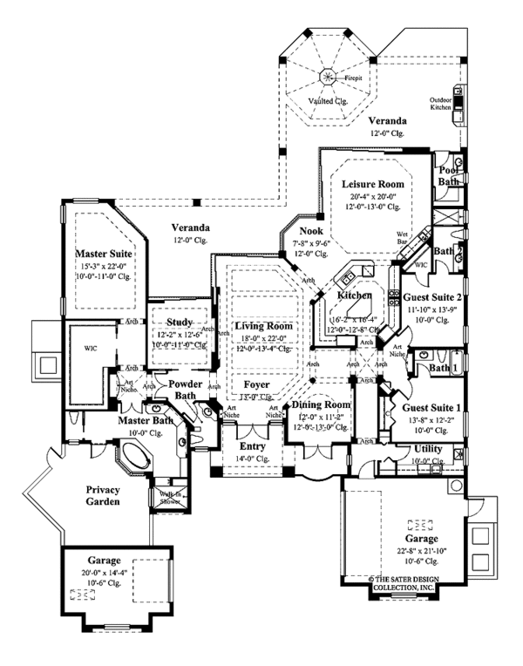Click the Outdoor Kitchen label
(x=441, y=105)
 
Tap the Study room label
(x=179, y=323)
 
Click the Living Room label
(x=262, y=326)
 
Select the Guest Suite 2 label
(x=428, y=297)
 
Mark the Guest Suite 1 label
(x=427, y=408)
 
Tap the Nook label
(x=311, y=232)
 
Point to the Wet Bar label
(x=403, y=237)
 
